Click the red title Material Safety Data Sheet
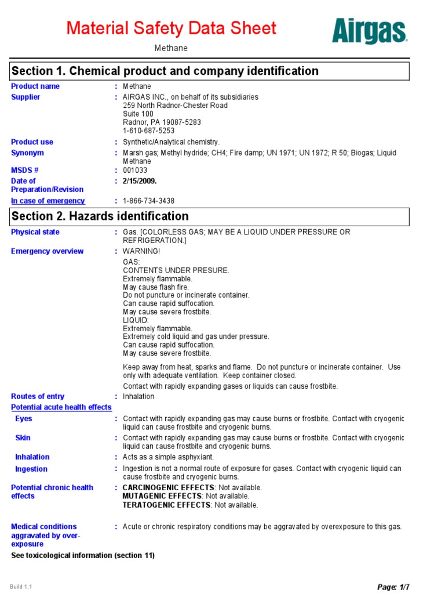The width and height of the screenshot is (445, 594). click(171, 28)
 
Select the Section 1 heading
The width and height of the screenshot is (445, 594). click(165, 71)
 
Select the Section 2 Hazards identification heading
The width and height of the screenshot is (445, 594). click(100, 216)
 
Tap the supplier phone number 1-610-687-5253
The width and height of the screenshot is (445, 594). click(149, 131)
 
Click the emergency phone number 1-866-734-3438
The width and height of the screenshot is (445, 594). click(149, 201)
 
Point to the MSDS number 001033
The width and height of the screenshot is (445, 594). click(135, 171)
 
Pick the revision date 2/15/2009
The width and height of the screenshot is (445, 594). click(140, 181)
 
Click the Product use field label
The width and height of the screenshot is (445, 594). click(32, 142)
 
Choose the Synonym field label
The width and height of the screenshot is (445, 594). click(28, 153)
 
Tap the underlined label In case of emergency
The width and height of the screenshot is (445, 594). click(48, 201)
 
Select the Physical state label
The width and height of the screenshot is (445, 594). click(35, 232)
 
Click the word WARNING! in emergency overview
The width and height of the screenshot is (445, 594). click(141, 252)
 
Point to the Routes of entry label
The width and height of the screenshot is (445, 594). click(38, 397)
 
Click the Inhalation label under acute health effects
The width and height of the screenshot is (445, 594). click(32, 457)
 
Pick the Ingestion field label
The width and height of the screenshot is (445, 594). click(31, 469)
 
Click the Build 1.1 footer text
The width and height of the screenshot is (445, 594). click(21, 587)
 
